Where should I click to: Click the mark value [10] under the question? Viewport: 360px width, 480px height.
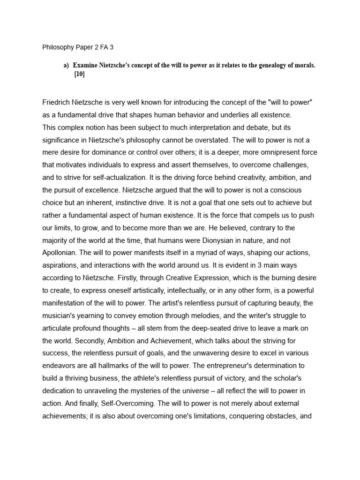click(79, 74)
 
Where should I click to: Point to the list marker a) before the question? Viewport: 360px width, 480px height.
click(66, 65)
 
